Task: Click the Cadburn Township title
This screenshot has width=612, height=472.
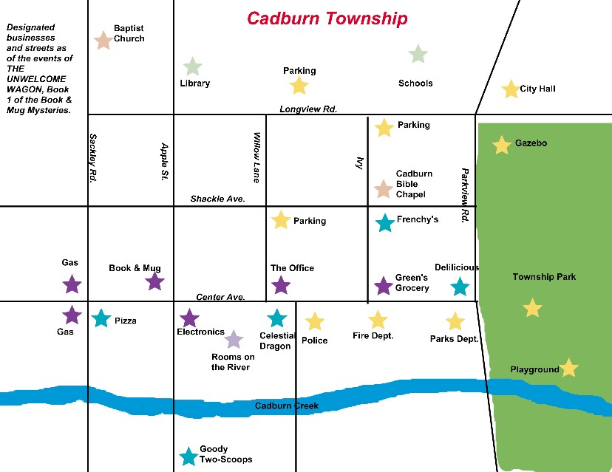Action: (x=327, y=18)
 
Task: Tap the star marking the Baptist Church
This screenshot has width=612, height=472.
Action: (x=103, y=40)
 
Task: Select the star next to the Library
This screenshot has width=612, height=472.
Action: (x=192, y=66)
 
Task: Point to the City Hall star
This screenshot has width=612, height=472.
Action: (x=510, y=89)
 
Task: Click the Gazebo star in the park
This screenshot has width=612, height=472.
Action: (x=502, y=146)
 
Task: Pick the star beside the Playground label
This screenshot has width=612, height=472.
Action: (x=568, y=368)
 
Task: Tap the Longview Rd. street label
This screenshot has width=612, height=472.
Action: (x=308, y=109)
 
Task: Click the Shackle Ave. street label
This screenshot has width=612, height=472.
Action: (x=217, y=199)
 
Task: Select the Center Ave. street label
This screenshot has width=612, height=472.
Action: (x=220, y=297)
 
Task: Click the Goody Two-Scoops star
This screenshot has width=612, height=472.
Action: (x=189, y=457)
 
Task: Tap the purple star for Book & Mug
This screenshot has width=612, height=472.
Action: (x=154, y=281)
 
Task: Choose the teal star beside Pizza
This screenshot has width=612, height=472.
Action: (x=101, y=318)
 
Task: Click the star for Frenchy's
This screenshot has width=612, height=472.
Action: (x=384, y=222)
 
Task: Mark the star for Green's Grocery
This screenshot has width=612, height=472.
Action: (x=383, y=286)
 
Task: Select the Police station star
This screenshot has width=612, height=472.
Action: (x=315, y=321)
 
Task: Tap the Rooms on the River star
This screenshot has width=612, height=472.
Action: (x=234, y=339)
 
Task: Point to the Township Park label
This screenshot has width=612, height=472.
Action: (x=543, y=277)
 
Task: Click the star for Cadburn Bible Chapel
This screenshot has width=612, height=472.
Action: (x=382, y=189)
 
